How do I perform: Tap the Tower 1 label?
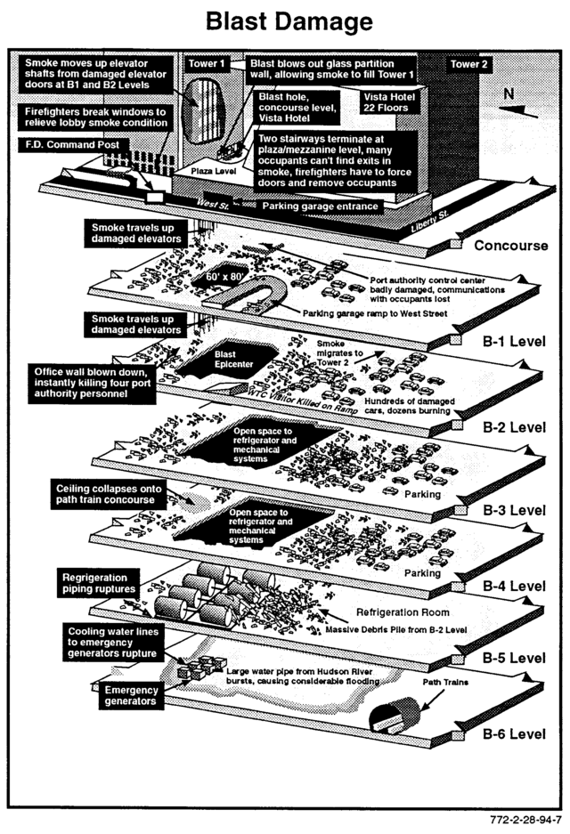(206, 64)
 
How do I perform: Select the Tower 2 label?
(468, 64)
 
